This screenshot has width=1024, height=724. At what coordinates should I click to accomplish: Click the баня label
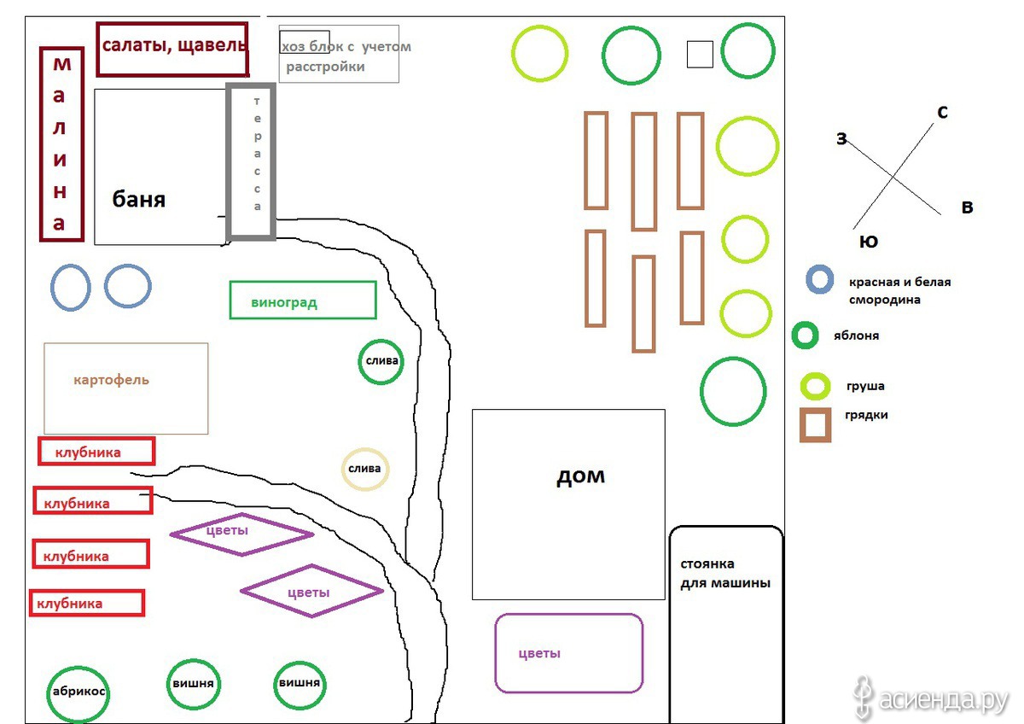click(138, 200)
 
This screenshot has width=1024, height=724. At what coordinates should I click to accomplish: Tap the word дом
click(580, 476)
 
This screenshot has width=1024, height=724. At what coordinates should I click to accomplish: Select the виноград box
click(230, 300)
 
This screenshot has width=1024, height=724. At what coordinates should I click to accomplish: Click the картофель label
click(111, 380)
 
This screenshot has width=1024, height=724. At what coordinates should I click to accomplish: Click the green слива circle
click(359, 361)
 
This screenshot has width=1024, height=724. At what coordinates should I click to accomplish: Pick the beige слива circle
click(343, 469)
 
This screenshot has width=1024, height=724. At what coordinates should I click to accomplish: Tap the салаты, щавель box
click(98, 49)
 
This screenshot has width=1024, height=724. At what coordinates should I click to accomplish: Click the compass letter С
click(942, 112)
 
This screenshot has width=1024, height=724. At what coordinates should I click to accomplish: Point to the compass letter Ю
click(869, 242)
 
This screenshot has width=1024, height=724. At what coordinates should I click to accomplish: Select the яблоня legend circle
click(794, 336)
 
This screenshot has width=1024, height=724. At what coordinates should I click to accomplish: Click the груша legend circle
click(803, 386)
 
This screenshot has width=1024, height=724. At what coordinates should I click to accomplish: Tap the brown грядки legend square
click(802, 425)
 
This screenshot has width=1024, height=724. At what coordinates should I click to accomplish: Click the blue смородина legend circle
click(808, 279)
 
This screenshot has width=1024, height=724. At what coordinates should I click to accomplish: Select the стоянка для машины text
click(725, 574)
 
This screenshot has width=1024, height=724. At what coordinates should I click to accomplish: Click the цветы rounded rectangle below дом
click(497, 653)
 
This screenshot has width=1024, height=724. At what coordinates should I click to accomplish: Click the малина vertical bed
click(42, 144)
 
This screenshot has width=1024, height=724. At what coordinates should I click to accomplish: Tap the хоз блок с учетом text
click(346, 47)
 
